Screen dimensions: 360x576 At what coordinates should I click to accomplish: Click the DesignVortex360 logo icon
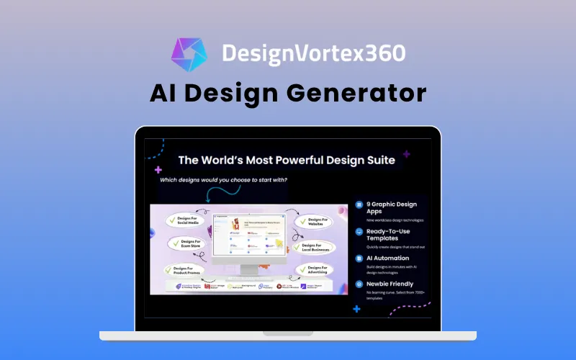189,53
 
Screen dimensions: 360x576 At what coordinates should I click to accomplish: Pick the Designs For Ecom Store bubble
189,245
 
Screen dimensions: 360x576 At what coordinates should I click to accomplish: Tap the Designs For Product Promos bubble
186,271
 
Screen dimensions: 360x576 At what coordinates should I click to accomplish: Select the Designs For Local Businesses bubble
315,248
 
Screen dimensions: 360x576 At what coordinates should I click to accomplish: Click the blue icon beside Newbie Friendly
359,284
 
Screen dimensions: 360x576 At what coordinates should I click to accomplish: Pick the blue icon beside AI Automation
359,258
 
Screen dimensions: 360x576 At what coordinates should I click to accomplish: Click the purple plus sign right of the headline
407,154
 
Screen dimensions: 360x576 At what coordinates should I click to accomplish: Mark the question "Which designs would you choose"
222,180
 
